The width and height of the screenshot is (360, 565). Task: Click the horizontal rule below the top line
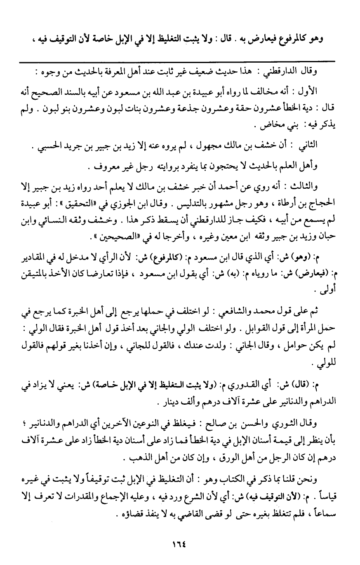tap(180, 61)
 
